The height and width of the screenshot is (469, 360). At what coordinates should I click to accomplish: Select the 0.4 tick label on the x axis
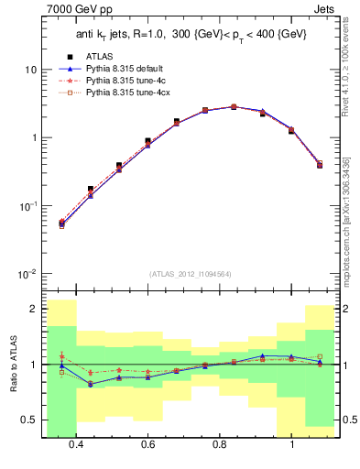pyautogui.click(x=76, y=445)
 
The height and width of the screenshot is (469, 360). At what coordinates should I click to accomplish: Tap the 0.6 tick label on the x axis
pyautogui.click(x=148, y=445)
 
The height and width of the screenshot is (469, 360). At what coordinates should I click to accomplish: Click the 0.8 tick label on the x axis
pyautogui.click(x=220, y=445)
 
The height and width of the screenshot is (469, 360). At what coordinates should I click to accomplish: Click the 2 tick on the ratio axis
pyautogui.click(x=33, y=309)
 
